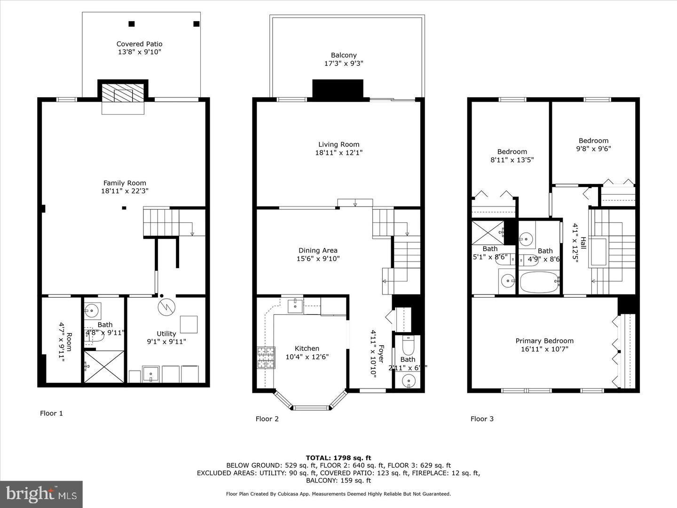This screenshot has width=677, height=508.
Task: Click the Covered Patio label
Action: click(139, 44)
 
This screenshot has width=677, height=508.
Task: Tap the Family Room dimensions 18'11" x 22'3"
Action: click(125, 191)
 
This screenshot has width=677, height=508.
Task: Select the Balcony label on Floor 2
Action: click(344, 55)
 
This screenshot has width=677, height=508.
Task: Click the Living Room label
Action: click(338, 144)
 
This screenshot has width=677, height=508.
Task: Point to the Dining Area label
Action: click(318, 250)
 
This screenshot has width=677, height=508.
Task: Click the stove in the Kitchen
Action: click(266, 357)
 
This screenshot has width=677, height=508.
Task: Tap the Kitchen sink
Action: click(295, 306)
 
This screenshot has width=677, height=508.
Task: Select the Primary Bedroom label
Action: click(544, 341)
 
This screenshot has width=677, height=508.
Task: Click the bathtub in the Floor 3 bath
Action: click(539, 282)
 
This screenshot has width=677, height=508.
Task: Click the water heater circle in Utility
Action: click(166, 307)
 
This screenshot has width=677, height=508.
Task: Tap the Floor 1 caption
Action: click(51, 413)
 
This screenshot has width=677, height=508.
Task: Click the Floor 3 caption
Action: click(482, 419)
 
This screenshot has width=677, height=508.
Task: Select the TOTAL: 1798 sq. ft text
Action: click(338, 458)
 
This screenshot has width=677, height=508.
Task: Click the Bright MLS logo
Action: click(41, 494)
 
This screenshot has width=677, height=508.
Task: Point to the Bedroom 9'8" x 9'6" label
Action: click(593, 141)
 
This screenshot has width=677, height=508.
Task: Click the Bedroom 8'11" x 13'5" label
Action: click(512, 151)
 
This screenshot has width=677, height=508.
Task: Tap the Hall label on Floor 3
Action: click(583, 243)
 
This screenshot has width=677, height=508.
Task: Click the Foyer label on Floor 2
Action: click(381, 354)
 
